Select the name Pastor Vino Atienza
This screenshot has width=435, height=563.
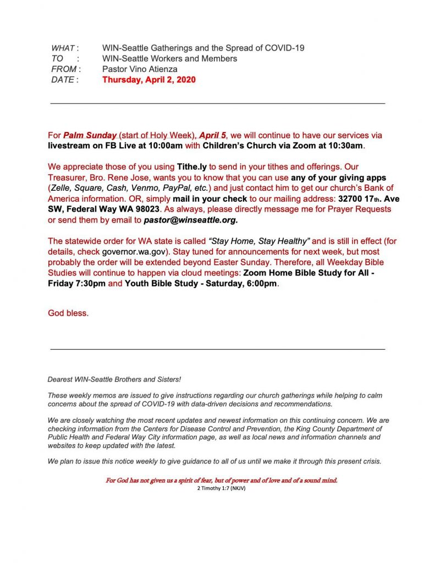click(140, 69)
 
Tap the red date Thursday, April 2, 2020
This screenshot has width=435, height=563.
click(148, 80)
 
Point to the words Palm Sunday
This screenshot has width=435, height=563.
click(90, 135)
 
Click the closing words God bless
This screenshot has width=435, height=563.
click(68, 313)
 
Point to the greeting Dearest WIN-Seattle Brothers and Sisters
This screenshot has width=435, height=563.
click(114, 379)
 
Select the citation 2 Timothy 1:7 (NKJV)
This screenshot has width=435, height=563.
click(221, 488)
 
